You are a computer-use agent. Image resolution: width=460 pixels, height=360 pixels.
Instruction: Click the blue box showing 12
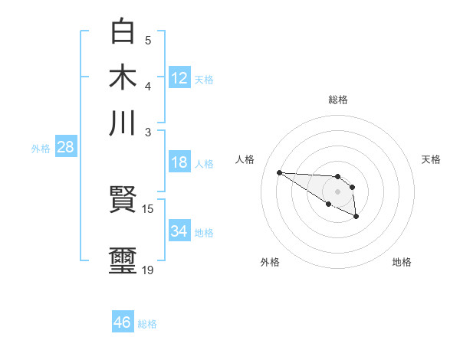179,77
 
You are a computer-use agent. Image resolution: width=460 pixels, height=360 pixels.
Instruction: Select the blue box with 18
179,162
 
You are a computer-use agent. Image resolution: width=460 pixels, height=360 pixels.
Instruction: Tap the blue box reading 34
179,231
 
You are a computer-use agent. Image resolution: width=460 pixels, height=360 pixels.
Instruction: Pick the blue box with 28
65,147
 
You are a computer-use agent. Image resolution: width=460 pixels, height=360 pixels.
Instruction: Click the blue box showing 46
123,322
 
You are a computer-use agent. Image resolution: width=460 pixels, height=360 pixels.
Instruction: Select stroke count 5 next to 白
148,39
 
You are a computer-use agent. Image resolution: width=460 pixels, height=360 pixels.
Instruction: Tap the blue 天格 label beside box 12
204,79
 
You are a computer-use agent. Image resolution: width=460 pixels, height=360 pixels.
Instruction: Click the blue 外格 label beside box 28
41,149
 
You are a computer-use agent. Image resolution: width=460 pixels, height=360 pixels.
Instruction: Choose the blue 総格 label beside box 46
147,324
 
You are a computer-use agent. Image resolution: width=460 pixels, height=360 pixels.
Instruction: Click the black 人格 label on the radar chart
245,159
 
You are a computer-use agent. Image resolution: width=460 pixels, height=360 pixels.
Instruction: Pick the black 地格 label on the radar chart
402,262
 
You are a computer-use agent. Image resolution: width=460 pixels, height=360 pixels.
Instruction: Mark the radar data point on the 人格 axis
279,172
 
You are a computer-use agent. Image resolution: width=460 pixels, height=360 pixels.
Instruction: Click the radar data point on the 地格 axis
356,218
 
